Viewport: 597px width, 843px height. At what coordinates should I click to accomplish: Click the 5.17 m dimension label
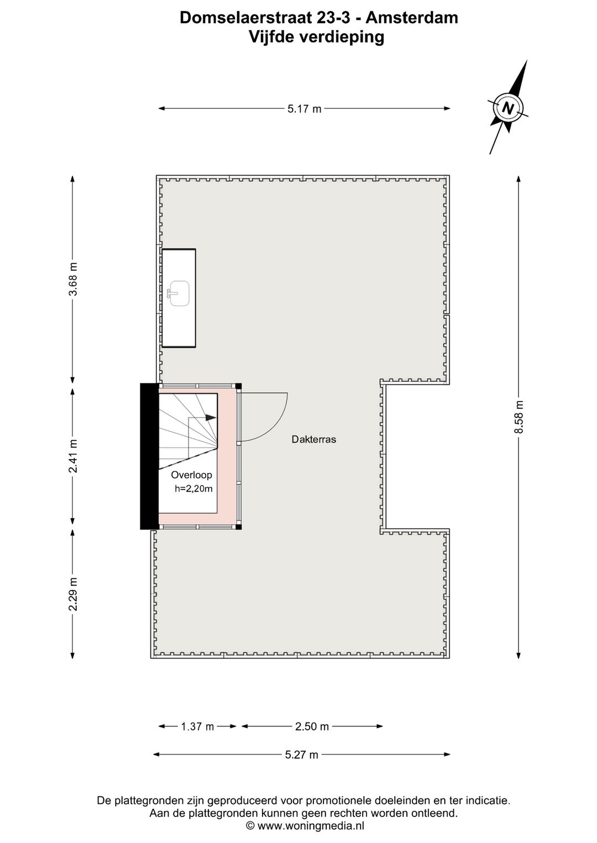[304, 109]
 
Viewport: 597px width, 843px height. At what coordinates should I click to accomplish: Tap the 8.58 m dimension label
[519, 417]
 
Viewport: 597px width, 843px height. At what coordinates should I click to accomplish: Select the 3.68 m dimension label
[73, 279]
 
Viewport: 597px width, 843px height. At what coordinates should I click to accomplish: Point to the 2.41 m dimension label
[73, 456]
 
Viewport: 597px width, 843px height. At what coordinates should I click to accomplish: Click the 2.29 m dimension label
[73, 594]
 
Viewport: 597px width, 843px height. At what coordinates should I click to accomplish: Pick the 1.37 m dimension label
[197, 726]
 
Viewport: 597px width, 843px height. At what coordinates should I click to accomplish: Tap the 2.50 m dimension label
[312, 726]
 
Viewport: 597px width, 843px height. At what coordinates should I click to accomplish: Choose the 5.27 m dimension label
[302, 755]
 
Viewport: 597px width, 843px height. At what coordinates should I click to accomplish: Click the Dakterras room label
[314, 440]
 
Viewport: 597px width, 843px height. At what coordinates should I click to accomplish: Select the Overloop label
[191, 475]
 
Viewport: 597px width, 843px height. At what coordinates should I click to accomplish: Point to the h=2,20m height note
[193, 488]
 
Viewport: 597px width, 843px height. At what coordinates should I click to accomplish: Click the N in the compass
[507, 108]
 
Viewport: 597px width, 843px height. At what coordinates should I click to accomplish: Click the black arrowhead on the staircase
[211, 418]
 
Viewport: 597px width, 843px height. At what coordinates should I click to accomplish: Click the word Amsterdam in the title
[412, 18]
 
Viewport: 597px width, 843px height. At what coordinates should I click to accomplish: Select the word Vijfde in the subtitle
[272, 37]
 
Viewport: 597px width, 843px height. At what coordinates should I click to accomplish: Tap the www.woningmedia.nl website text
[311, 826]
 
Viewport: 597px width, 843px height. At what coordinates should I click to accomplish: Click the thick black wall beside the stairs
[149, 456]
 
